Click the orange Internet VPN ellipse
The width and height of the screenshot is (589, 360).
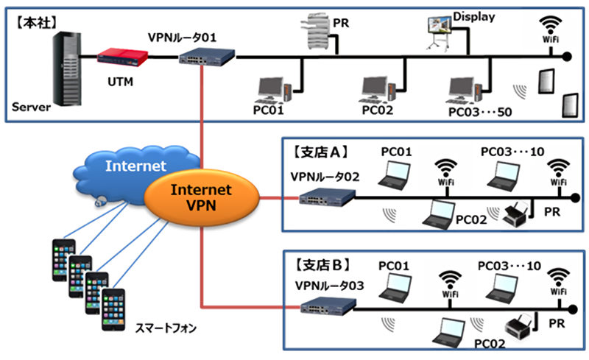(201, 197)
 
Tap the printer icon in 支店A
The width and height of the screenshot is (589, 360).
(518, 213)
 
